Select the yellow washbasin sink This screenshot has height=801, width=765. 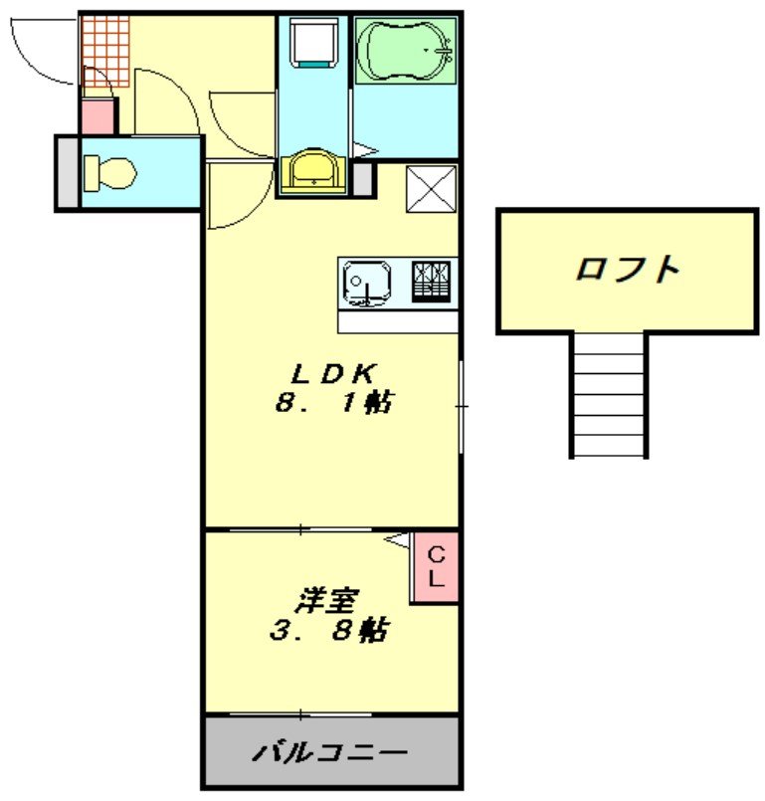314,171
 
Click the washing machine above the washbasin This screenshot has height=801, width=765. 314,46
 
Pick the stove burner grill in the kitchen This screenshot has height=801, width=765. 434,281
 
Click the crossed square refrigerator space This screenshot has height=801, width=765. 431,187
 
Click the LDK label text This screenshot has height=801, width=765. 332,374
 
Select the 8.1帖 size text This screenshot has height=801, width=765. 332,403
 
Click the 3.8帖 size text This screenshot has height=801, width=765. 329,631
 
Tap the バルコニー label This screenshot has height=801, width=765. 329,752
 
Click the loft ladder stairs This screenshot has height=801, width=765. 609,395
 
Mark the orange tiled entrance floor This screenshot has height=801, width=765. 105,50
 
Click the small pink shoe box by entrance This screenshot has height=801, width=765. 97,116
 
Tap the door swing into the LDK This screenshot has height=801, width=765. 239,199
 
